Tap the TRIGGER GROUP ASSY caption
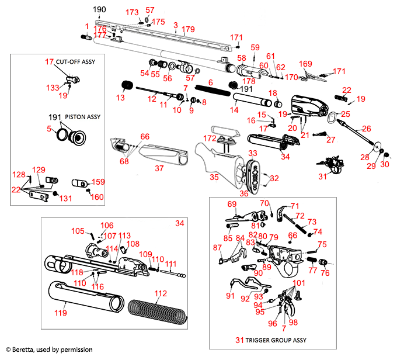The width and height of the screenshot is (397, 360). (x=276, y=340)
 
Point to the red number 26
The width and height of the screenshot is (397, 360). (x=367, y=129)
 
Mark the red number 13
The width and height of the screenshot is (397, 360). (x=120, y=98)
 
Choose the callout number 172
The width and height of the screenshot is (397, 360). (x=208, y=137)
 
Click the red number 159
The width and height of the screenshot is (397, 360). (x=97, y=182)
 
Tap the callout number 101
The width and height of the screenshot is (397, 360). (x=299, y=283)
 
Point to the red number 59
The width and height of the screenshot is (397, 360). (x=255, y=47)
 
